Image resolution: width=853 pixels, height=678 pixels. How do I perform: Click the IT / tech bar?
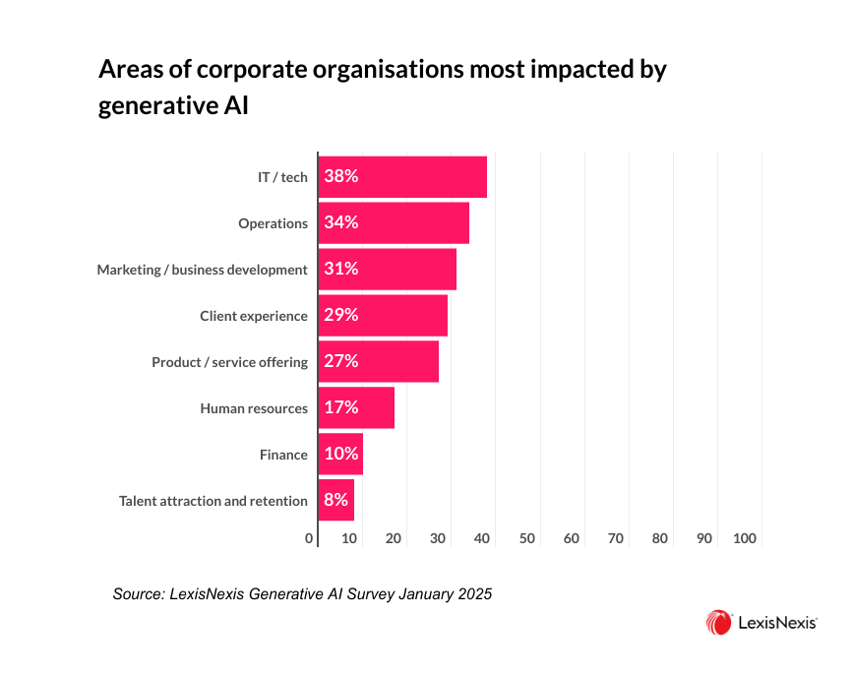[x=402, y=177]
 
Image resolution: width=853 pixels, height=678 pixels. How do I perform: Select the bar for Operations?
[x=394, y=223]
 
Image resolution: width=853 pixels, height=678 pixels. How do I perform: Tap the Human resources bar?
[x=356, y=407]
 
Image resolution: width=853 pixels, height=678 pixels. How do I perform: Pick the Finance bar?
[x=340, y=454]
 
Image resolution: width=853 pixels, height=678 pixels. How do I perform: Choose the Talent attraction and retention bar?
[x=336, y=500]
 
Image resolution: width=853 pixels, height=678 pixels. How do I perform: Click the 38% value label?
[x=340, y=177]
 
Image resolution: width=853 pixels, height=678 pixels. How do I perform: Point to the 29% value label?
[x=340, y=315]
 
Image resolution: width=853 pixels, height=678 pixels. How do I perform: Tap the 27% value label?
[x=340, y=361]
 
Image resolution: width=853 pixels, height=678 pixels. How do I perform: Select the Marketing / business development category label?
[x=202, y=270]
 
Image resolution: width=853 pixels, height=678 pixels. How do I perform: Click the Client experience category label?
[x=254, y=316]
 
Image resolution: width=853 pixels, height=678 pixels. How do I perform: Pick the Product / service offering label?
[x=229, y=362]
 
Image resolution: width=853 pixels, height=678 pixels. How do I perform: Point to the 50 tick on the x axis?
[x=526, y=538]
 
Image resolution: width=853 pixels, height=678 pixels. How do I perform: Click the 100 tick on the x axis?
[x=745, y=538]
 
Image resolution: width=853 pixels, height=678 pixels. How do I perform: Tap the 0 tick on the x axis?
[x=309, y=538]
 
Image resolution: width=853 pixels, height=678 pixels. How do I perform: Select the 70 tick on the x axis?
[x=616, y=538]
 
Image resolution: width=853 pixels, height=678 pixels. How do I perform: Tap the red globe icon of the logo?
[x=718, y=622]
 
